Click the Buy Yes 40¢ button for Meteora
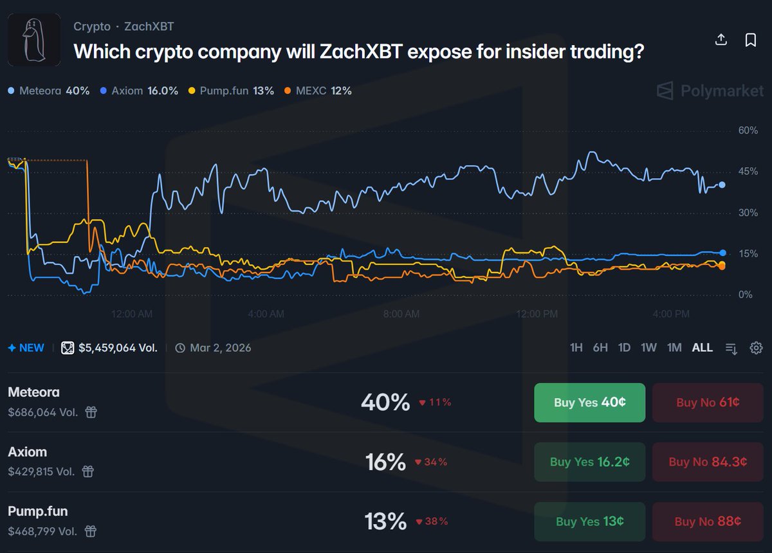[x=589, y=403]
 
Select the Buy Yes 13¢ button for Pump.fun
[x=589, y=521]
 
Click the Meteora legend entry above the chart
[x=49, y=91]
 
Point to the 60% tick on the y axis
[x=748, y=131]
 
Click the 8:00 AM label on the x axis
[x=401, y=314]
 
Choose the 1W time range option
[x=648, y=348]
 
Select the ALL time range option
[x=702, y=348]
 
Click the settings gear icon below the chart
[x=757, y=348]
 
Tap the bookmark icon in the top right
[x=750, y=40]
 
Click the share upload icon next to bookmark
[x=721, y=40]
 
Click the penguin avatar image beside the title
[x=34, y=40]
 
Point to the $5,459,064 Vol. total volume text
[x=118, y=348]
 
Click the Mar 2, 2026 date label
[x=220, y=348]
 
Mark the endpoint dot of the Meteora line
[x=722, y=185]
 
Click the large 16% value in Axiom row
[x=385, y=462]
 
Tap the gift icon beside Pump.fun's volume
[x=91, y=532]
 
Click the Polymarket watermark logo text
[x=722, y=91]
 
